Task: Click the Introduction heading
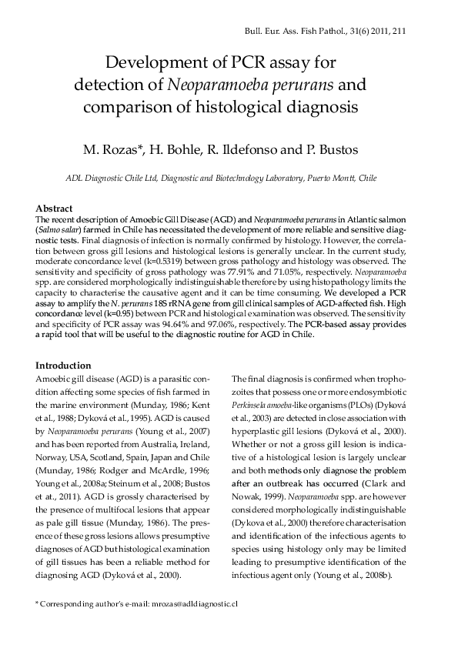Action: coord(64,366)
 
